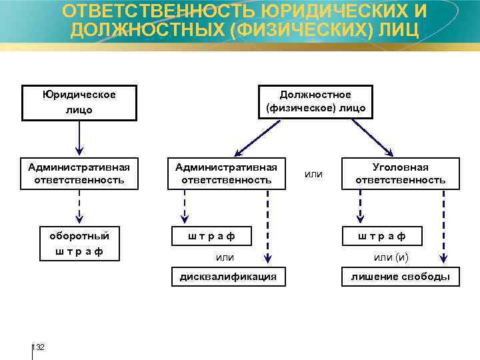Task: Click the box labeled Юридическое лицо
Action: (79, 102)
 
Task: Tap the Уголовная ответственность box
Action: (401, 173)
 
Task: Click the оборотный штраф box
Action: (79, 243)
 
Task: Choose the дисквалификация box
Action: (228, 277)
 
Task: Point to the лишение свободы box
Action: (400, 277)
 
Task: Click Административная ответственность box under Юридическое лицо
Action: (79, 173)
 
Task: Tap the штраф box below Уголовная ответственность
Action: (381, 236)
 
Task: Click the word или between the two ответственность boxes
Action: (313, 174)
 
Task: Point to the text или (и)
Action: (391, 257)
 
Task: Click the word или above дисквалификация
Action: (225, 257)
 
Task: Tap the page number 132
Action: (39, 347)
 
